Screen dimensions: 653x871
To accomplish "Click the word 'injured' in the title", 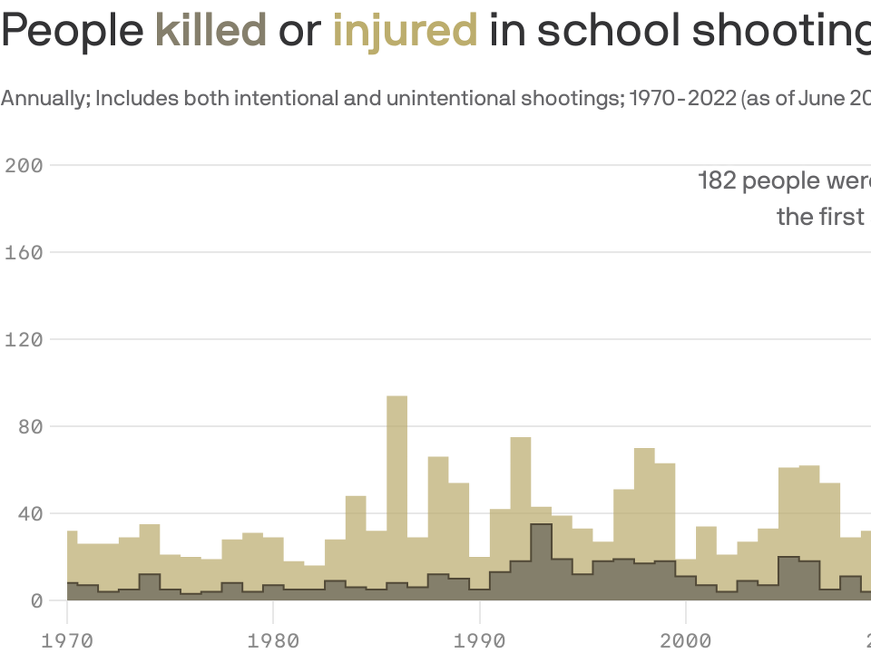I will pos(405,30).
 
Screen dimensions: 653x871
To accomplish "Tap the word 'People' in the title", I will pos(72,30).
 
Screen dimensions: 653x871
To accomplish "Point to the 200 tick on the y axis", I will pos(24,165).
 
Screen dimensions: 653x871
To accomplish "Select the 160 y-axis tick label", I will pos(24,252).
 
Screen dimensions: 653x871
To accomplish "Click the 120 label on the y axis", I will pos(24,340).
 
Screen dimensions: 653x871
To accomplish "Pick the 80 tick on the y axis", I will pos(30,427).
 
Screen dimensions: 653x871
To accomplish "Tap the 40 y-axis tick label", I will pos(30,514).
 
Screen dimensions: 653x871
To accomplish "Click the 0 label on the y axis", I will pos(36,601).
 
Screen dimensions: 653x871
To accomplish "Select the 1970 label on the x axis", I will pos(67,640).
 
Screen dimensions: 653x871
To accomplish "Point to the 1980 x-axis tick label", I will pos(273,640).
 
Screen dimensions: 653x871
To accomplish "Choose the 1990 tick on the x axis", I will pos(480,640).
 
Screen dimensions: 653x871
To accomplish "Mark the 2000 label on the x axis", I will pos(685,640).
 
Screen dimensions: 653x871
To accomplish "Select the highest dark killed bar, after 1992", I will pos(541,560).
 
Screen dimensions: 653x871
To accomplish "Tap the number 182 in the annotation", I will pos(717,181).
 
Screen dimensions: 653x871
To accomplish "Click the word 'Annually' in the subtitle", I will pos(46,98).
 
